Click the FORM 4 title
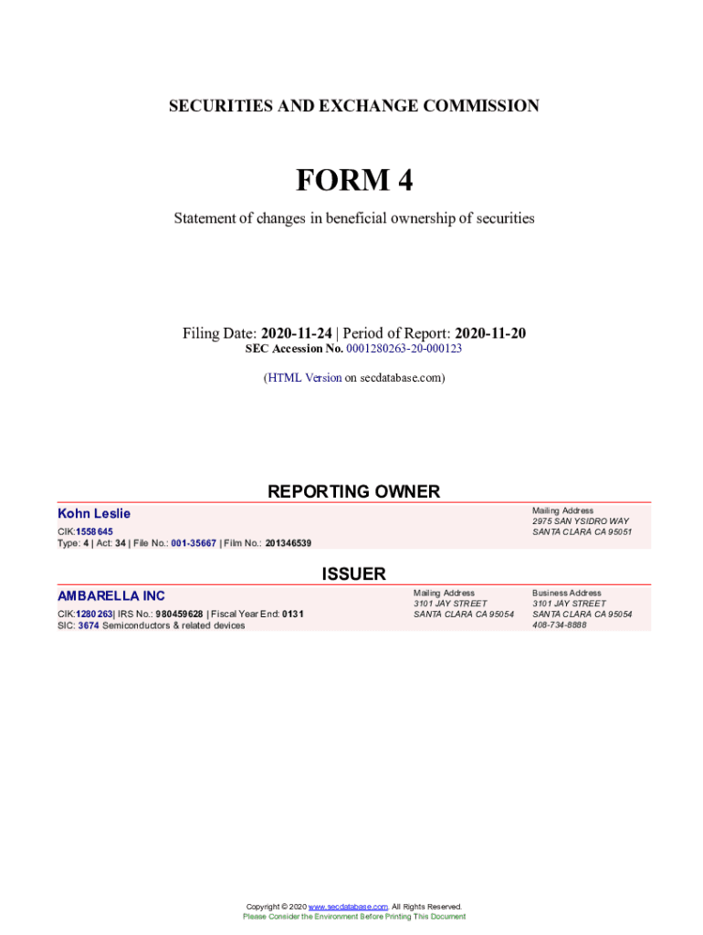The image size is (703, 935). [353, 181]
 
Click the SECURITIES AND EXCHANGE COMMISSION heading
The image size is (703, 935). [353, 106]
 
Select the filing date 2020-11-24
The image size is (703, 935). [296, 333]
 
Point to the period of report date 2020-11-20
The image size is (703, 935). [490, 333]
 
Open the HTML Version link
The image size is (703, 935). [304, 377]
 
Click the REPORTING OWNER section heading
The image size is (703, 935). [353, 491]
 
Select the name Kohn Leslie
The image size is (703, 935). [94, 514]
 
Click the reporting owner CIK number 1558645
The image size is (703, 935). [94, 531]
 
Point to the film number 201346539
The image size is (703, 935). [288, 543]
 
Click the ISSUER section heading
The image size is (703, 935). [353, 574]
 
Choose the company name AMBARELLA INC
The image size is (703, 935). [111, 596]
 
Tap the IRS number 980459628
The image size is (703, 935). [179, 615]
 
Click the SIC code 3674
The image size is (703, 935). [89, 625]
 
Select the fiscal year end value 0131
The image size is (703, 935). [292, 615]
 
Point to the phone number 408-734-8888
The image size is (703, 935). [560, 625]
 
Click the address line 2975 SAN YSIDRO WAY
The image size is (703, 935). [581, 521]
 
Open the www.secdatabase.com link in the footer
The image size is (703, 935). [348, 907]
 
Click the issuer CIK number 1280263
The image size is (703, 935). [94, 615]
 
